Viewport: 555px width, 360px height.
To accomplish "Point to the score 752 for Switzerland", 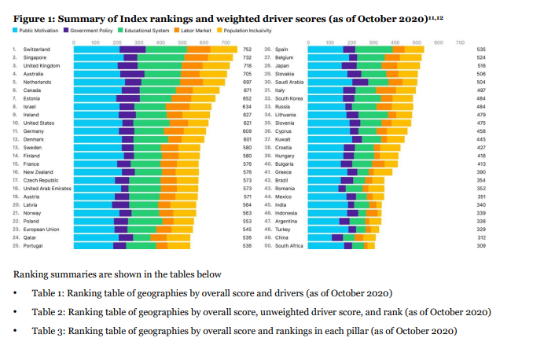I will pos(247,49).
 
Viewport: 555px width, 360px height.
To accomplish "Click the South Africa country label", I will pos(289,246).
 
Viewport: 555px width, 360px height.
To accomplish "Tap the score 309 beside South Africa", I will pos(481,246).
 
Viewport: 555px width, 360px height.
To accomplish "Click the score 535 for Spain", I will pos(481,49).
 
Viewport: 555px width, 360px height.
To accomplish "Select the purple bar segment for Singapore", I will pos(130,57).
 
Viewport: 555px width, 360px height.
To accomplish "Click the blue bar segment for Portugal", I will pos(93,246).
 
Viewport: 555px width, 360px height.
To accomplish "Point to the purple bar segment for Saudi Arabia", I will pos(360,82).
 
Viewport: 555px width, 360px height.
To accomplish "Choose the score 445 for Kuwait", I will pos(481,139).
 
